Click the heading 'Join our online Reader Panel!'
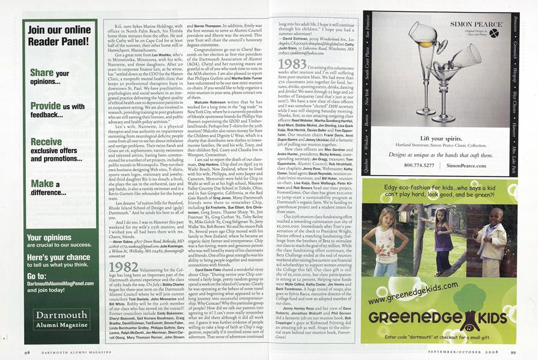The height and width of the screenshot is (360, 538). (61, 39)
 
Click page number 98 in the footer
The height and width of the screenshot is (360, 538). (29, 353)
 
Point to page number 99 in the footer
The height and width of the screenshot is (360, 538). (512, 353)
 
